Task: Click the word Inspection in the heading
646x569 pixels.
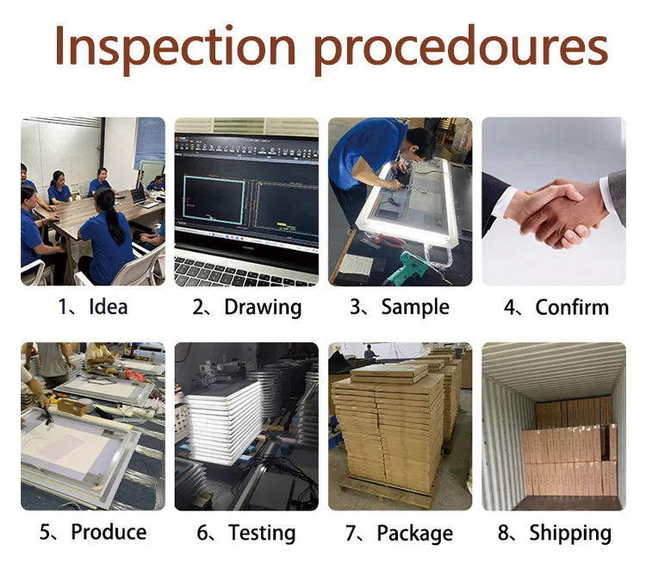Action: coord(175,47)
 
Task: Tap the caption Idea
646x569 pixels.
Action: coord(109,307)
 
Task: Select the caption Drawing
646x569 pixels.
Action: coord(263,309)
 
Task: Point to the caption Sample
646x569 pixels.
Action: coord(415,309)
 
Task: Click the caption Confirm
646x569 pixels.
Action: coord(572,307)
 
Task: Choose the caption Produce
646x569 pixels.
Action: coord(109,532)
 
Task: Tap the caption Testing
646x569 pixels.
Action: coord(262,534)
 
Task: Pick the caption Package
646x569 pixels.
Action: coord(415,534)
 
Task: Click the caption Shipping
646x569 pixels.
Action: coord(570,534)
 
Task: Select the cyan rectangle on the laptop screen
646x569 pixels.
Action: coord(214,200)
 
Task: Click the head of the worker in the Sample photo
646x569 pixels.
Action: coord(419,142)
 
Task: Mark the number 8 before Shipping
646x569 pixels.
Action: coord(504,532)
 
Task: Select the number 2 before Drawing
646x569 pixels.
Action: coord(198,308)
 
